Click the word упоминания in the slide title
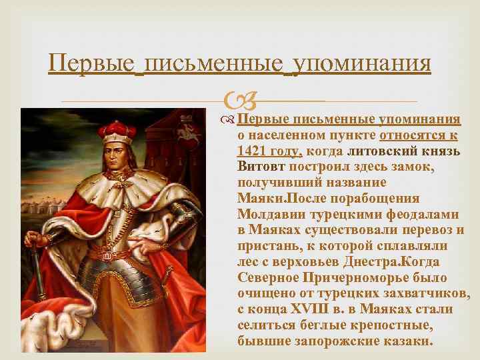pyautogui.click(x=360, y=64)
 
